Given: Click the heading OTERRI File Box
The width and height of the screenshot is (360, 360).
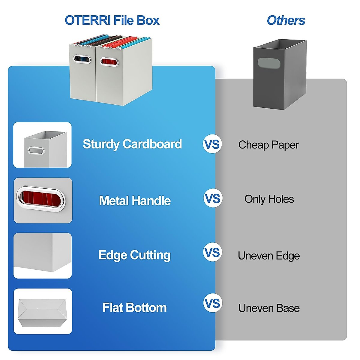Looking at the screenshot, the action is [x=112, y=20].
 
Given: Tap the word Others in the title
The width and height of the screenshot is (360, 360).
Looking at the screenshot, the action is [x=286, y=20].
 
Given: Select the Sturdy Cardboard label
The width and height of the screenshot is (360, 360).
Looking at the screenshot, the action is [x=132, y=144].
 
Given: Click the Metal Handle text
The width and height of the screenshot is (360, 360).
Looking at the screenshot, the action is [x=135, y=200].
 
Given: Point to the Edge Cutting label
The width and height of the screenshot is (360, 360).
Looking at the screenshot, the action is [x=134, y=255].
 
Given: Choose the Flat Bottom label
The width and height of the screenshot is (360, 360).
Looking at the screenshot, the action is [x=134, y=308].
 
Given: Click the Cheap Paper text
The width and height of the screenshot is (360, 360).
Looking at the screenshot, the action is [x=268, y=145].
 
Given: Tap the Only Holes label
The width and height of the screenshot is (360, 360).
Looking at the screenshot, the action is [x=269, y=199].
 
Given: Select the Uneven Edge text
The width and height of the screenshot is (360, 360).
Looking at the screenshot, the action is [x=269, y=256].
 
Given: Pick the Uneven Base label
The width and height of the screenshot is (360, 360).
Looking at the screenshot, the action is [x=269, y=308].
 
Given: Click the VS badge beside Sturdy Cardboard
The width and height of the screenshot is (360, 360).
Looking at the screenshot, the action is [x=212, y=144].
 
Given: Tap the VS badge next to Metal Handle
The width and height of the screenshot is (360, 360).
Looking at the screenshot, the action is [x=213, y=198].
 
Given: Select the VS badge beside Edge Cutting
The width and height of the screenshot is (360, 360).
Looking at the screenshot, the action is [x=212, y=252].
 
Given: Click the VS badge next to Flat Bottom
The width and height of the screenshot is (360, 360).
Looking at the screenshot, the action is [x=213, y=303].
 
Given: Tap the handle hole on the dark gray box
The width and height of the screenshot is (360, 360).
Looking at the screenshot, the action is [x=269, y=63].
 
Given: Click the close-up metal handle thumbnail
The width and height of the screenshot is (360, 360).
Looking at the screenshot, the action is [x=43, y=200].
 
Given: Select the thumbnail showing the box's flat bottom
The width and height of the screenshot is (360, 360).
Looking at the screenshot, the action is [x=43, y=311].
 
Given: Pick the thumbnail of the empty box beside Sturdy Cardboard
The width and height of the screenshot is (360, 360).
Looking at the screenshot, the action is [x=42, y=145].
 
